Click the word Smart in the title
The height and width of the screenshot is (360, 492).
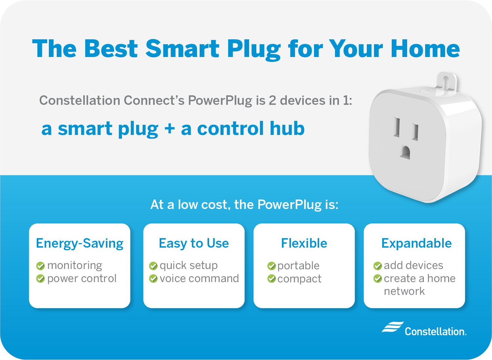[182, 48]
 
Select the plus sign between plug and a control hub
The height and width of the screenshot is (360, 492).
[169, 129]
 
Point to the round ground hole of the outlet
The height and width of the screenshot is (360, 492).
[405, 153]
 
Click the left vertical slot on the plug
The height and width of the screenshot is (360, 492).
[397, 127]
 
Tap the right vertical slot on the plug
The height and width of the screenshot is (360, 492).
[415, 132]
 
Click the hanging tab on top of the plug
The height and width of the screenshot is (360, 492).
[446, 85]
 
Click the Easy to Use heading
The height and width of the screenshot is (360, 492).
[194, 243]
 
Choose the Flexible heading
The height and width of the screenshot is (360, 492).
[304, 243]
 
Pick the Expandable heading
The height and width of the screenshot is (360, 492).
[416, 243]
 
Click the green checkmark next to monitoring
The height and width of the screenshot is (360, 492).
[40, 266]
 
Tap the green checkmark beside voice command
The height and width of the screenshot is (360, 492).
[153, 279]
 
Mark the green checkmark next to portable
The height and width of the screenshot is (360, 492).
[271, 266]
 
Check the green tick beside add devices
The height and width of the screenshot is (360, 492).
[378, 266]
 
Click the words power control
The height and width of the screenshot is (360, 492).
[82, 279]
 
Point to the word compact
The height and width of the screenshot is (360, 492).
[299, 279]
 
